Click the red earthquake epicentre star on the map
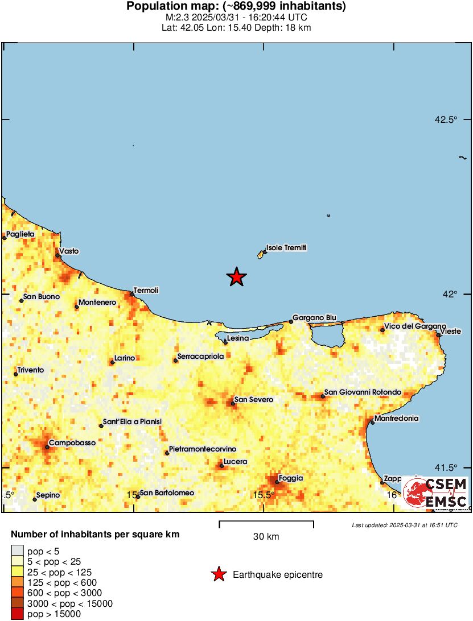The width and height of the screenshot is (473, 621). pos(236,277)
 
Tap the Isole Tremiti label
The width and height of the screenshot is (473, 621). pos(286,248)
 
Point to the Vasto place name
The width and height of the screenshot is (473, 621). pos(69,251)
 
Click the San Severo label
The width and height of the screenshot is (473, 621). pos(254,400)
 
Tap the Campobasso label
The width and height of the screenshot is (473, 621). pos(72,442)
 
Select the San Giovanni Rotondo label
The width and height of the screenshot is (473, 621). pos(363,392)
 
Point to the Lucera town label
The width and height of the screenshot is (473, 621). pos(236,462)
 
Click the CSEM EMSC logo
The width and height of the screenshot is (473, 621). pos(435,493)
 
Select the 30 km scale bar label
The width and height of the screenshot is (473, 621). pos(266,536)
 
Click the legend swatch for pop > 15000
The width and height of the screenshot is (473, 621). pos(18,614)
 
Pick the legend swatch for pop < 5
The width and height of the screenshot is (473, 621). pos(18,550)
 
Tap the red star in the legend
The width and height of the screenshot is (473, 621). pos(218,575)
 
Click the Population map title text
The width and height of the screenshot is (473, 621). pos(236,7)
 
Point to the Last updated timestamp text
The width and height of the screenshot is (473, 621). pos(405,525)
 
